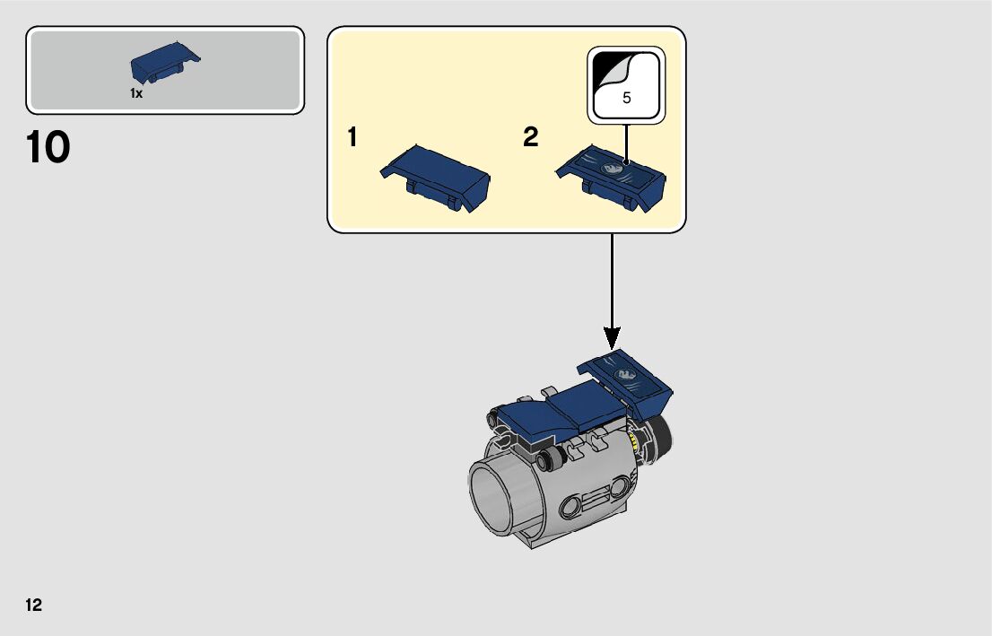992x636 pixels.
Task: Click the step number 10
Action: (48, 148)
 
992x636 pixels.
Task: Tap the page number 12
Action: (33, 605)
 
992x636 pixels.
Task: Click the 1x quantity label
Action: (136, 93)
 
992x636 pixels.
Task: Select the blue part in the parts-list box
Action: (164, 64)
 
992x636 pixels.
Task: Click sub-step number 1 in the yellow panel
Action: (352, 137)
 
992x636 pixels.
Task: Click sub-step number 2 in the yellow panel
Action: (531, 137)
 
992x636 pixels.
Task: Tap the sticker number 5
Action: (626, 99)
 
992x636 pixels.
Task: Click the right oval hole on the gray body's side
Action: (617, 490)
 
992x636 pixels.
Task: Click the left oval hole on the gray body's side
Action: (570, 510)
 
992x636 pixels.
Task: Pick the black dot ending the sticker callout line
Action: (626, 162)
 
